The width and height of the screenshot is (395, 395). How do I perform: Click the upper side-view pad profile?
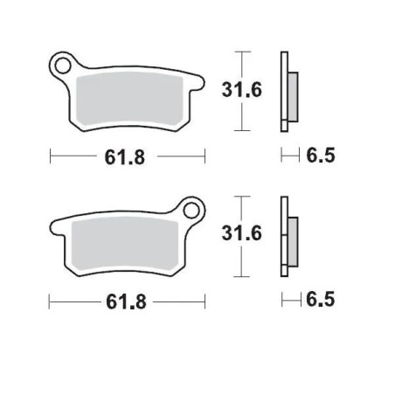tap(287, 91)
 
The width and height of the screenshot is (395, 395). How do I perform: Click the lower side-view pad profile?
tap(287, 235)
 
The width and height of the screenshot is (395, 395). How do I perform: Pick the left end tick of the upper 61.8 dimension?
tap(52, 157)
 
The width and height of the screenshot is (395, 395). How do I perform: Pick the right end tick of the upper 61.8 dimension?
tap(204, 157)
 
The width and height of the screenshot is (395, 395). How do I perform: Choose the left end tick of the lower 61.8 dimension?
tap(52, 301)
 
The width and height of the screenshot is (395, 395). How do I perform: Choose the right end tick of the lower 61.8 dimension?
tap(204, 301)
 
